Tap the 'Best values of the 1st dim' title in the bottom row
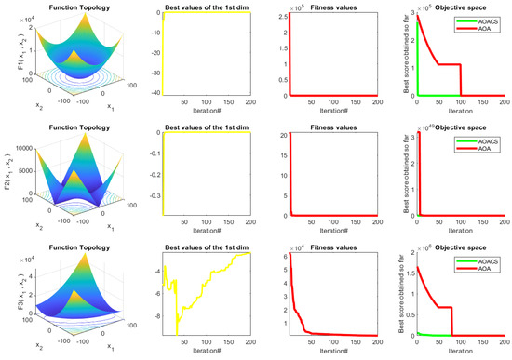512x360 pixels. [195, 247]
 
